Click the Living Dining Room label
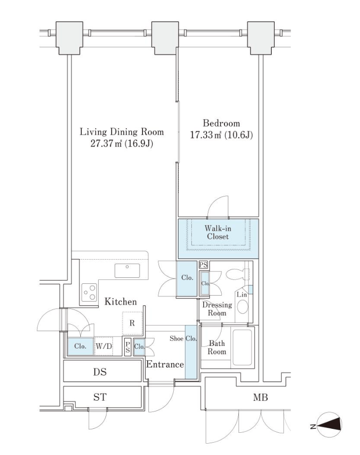pos(122,132)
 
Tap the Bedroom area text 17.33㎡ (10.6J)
pos(221,135)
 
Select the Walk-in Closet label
pos(218,232)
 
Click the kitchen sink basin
pos(127,270)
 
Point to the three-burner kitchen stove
pos(89,293)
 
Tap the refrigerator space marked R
pos(132,323)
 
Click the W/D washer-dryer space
pos(104,346)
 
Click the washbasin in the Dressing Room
pos(243,306)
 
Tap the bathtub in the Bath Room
pos(242,347)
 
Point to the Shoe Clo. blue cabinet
pos(191,352)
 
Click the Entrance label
pos(165,365)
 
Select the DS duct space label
pos(100,372)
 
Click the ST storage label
pos(100,397)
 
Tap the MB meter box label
pos(260,397)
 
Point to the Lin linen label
pos(242,295)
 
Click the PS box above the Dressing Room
pos(203,265)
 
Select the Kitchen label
pos(121,302)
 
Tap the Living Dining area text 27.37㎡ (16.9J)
pos(122,144)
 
